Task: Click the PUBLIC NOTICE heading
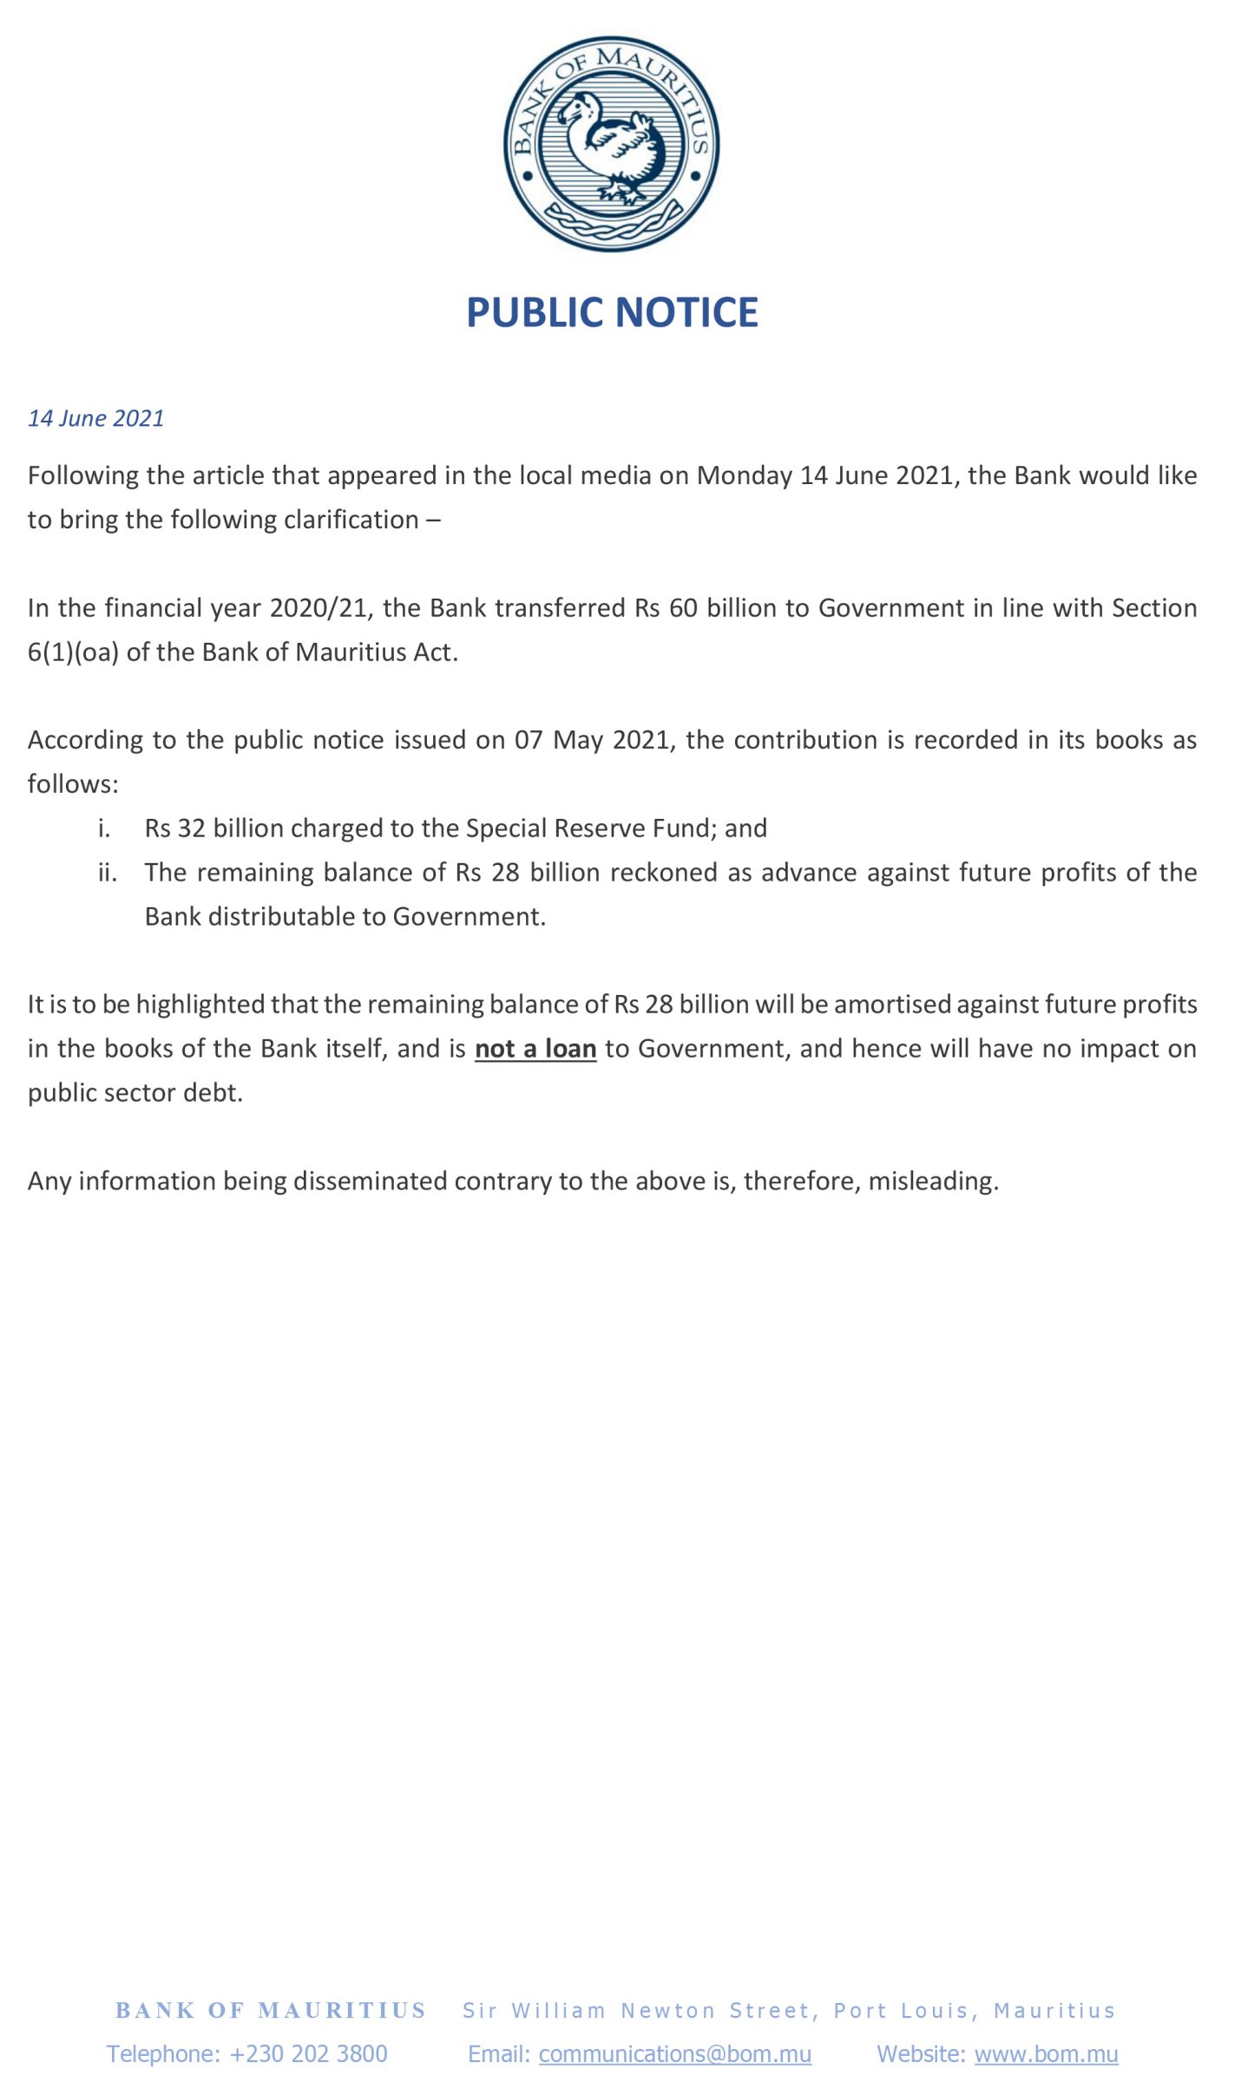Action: click(612, 312)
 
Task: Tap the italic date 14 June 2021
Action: click(96, 418)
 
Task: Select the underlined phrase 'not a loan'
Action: click(535, 1049)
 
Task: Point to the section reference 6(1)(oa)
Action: click(73, 651)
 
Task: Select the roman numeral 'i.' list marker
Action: click(104, 828)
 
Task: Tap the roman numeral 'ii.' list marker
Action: click(107, 872)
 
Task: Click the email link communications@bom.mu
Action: click(674, 2054)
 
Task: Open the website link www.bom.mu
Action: click(1046, 2054)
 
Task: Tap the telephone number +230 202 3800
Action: click(308, 2054)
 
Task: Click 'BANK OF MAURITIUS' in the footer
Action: click(271, 2011)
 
